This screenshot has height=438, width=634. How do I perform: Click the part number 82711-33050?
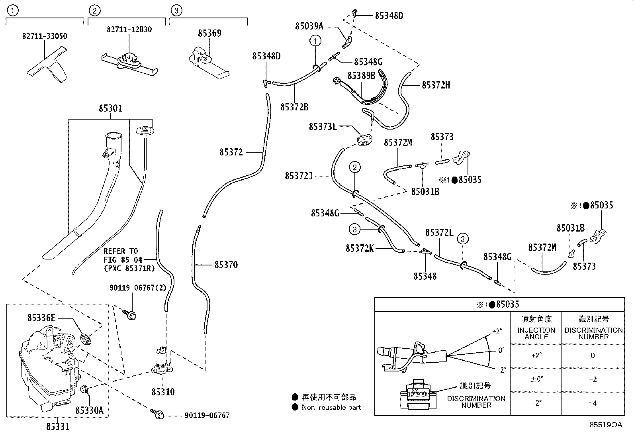45,36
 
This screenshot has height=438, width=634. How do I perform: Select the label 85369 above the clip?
209,33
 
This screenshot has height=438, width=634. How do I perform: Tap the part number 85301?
111,108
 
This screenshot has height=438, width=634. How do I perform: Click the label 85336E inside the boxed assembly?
41,318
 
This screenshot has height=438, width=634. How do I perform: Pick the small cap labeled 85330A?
84,389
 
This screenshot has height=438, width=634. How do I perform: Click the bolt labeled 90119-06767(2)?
130,314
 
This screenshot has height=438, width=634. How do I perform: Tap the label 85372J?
299,176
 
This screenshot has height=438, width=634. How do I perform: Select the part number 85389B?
361,76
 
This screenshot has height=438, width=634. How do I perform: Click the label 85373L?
323,126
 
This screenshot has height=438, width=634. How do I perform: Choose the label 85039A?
309,26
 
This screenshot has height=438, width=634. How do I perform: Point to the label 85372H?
436,85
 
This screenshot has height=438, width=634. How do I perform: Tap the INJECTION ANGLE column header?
536,334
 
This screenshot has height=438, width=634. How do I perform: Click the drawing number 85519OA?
606,425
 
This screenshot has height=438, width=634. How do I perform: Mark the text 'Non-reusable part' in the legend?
331,407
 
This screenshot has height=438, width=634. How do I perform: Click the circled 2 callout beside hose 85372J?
355,167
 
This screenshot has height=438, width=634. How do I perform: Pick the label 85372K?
360,248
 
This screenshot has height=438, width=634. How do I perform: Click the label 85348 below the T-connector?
425,276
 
